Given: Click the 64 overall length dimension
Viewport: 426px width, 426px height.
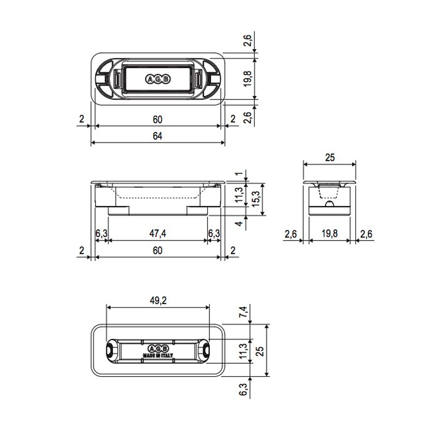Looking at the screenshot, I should tap(158, 136).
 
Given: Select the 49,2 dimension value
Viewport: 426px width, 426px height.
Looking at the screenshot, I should tap(158, 300).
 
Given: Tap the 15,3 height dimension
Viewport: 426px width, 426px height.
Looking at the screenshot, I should tap(256, 199).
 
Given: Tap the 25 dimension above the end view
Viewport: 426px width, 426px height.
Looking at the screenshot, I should tap(330, 157).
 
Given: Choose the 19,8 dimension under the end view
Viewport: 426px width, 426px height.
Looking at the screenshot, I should tap(330, 233).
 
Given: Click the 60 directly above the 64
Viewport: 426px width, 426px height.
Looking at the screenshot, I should tap(158, 119).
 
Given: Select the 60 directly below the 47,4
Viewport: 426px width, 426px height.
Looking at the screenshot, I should tap(158, 250).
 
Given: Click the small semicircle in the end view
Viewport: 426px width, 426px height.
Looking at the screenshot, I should tap(329, 204).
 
